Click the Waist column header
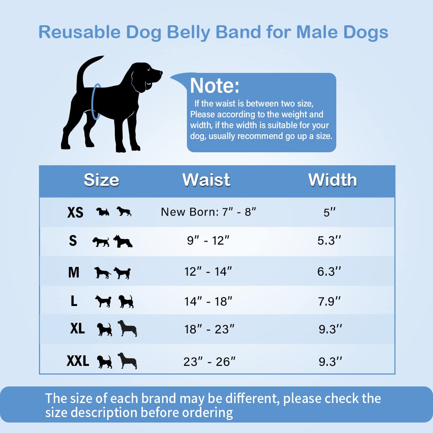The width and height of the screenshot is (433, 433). click(206, 180)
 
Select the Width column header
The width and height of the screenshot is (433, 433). click(332, 180)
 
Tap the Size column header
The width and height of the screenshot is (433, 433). click(101, 180)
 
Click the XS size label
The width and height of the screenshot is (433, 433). click(75, 213)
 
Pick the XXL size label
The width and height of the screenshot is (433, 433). click(78, 361)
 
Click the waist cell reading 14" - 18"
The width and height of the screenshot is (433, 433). click(208, 301)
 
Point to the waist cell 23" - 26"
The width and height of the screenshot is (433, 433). click(209, 361)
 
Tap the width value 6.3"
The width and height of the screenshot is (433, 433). click(329, 271)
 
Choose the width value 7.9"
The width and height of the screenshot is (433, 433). click(329, 301)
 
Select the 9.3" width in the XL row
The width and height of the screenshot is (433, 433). click(330, 329)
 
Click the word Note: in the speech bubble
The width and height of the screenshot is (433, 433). click(214, 86)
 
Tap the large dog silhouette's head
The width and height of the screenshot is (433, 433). click(146, 74)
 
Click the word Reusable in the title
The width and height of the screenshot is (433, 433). click(79, 32)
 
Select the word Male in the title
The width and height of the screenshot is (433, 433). click(317, 32)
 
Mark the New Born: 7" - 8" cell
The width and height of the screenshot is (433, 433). click(208, 212)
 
